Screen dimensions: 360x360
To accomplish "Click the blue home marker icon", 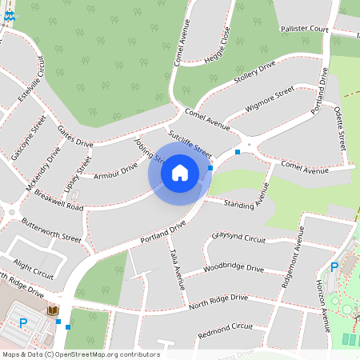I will [x=180, y=172].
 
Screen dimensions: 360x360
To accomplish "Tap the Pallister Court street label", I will [x=305, y=29].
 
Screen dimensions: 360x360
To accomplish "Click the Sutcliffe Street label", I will [x=190, y=141].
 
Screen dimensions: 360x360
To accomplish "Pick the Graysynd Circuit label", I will [x=238, y=238].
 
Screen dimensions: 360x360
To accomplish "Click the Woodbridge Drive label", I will [x=234, y=269].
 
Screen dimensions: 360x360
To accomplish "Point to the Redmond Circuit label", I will [x=225, y=327].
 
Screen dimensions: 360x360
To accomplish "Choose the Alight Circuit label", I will [x=34, y=270].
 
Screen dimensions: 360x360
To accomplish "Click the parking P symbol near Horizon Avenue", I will [x=334, y=267].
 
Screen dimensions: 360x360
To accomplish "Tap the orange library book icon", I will [x=53, y=310].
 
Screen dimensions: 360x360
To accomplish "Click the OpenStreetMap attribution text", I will [x=80, y=354].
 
